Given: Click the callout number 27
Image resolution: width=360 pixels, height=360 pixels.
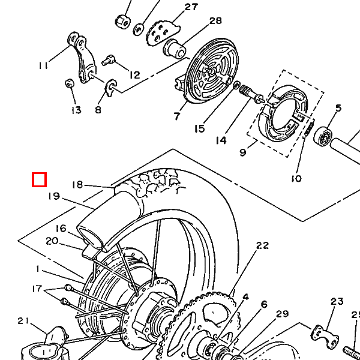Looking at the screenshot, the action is point(191,7).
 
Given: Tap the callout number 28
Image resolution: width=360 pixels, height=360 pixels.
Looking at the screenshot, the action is point(215,21).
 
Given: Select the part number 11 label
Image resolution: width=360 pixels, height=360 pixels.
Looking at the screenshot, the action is point(43,65).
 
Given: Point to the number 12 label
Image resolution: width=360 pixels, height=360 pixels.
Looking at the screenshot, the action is point(134,75).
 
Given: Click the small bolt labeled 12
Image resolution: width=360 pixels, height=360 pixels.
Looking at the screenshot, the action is point(108,60).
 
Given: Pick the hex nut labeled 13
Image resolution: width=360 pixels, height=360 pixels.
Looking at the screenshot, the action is point(69,83).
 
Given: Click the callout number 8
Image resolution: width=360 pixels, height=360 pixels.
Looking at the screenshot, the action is point(98,110).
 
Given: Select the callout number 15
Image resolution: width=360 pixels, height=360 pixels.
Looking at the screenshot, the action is point(199,129).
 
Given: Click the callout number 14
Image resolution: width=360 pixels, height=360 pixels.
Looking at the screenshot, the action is point(221,140).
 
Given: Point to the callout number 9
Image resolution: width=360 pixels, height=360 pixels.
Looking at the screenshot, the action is point(242,152).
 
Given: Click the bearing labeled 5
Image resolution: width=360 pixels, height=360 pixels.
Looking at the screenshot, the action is point(323,136).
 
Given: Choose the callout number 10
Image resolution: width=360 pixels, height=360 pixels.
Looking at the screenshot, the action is point(296,178).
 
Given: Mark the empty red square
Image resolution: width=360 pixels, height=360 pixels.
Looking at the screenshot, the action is point(39,179).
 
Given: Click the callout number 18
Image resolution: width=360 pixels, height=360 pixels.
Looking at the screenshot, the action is point(77,185).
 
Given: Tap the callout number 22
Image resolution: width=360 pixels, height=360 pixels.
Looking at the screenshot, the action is point(262,245).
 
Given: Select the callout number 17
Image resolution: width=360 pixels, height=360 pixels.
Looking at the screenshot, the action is point(37,289).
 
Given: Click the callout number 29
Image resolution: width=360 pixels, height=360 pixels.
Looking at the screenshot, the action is point(282,314).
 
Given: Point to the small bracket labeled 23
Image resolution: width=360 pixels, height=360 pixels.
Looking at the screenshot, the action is point(325,334).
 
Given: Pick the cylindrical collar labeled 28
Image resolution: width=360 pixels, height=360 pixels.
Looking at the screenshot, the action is point(175,49).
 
